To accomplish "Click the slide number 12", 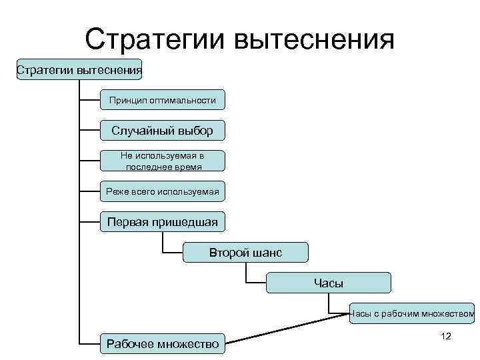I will coord(446,336).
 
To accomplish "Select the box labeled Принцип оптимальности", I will coord(162,100).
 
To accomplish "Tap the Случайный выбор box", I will coord(162,131).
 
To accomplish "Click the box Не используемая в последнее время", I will coord(162,161).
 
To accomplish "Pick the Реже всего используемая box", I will coord(162,191).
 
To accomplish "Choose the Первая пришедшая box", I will coord(162,222).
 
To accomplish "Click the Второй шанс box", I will coord(245,253).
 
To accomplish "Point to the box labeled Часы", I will coord(328,283).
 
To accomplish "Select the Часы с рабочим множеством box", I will coord(412,313).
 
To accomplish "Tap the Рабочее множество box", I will coord(162,344).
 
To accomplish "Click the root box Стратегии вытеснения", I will coord(79,69).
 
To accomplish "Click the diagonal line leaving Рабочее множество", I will coord(287,329).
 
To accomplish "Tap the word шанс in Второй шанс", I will coord(268,253).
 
